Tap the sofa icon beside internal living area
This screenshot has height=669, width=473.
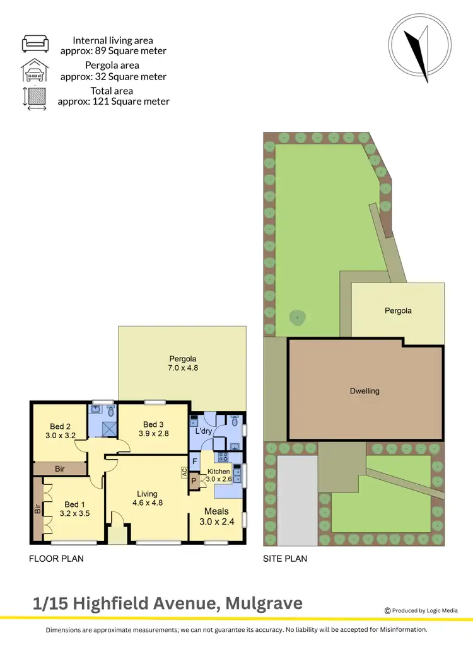point(35,44)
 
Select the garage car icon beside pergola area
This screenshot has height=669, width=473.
point(35,71)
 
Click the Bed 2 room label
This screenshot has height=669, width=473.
point(60,426)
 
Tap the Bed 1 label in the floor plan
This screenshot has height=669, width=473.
point(74,504)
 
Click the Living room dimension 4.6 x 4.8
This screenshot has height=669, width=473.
point(148,503)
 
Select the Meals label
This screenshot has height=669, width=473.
point(216,511)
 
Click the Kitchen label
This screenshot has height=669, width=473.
point(219,472)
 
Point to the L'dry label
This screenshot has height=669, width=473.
point(203,431)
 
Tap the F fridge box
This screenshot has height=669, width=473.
point(195,460)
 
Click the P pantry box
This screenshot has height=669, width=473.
point(194,481)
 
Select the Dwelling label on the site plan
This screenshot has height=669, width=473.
point(365,391)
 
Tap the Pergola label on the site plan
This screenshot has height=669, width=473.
point(398,311)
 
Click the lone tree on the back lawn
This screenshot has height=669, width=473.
point(296,317)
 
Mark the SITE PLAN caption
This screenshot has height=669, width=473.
point(285,559)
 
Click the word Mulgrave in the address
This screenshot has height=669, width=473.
point(262,603)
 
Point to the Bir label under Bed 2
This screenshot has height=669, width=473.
point(60,469)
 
